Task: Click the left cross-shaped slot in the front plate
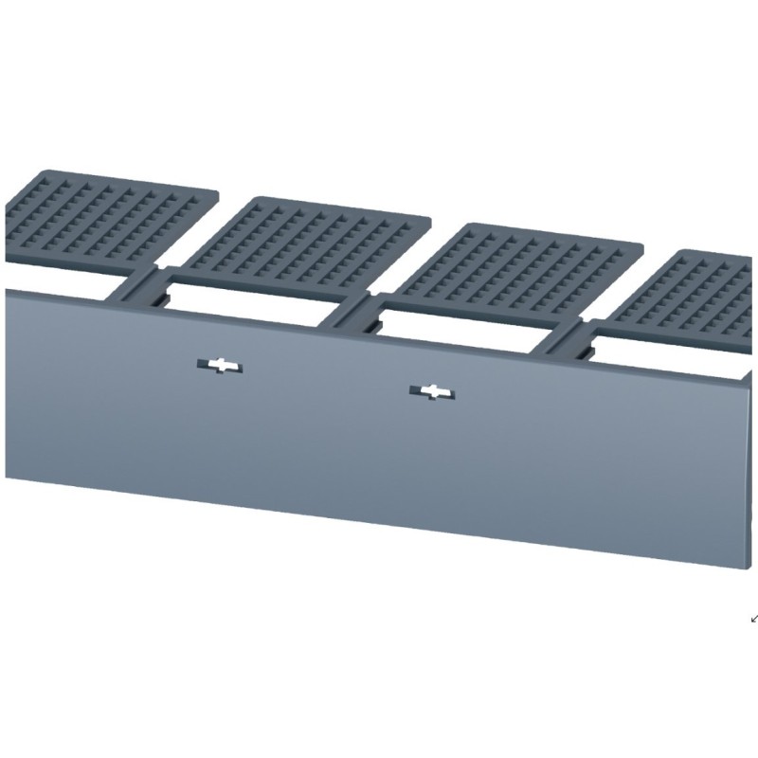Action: tap(220, 366)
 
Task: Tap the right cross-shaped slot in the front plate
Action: tap(431, 391)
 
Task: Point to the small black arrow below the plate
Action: tap(754, 619)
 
